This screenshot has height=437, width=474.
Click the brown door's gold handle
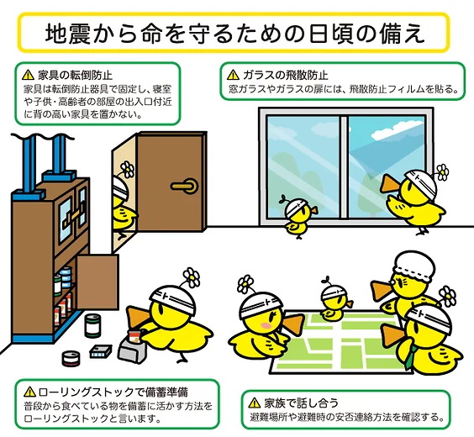pos(184,186)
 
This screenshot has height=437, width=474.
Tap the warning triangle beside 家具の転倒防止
pos(28,74)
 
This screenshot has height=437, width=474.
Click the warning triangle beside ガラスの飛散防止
pos(233,74)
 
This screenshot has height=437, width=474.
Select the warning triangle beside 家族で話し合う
pos(255,403)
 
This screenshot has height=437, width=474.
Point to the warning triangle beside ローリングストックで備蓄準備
pos(29,392)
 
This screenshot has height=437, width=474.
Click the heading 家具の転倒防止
pos(76,75)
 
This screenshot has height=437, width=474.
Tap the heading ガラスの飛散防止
pos(286,75)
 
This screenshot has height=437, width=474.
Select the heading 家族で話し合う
pos(301,403)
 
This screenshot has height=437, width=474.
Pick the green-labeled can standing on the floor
pos(92,325)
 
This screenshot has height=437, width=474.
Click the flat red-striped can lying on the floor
pos(71,358)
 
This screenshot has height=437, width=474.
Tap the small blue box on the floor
pos(101,351)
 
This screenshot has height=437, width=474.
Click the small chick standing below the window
pos(299,216)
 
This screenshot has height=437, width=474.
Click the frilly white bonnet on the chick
pos(413,267)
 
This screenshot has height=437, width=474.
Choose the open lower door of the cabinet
pos(97,282)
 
